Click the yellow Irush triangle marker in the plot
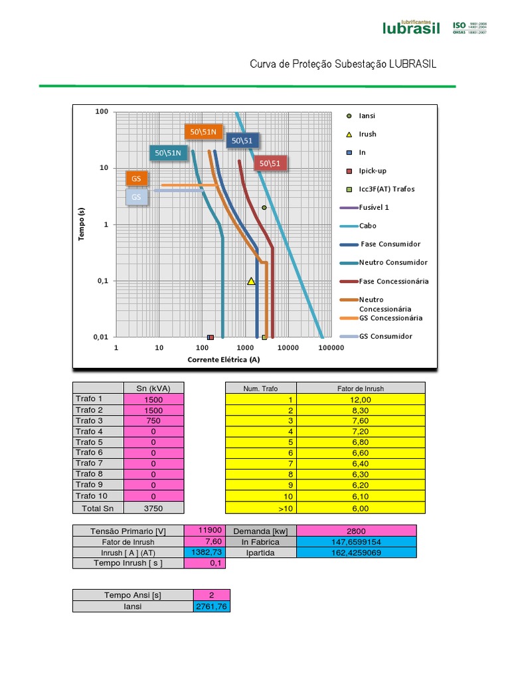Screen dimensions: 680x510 pos(251,281)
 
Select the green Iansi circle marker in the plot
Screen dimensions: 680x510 pos(264,208)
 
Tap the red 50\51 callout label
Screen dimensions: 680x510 pos(270,163)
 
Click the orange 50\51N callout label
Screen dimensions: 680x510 pos(203,132)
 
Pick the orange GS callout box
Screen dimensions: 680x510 pos(137,179)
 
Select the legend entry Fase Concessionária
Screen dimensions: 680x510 pos(393,281)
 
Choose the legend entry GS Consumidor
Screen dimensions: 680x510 pos(385,336)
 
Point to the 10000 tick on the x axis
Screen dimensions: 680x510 pos(288,347)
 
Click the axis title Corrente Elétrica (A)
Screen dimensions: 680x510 pos(224,360)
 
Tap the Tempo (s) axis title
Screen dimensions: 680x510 pos(82,224)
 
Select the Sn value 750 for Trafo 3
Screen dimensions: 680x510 pos(153,421)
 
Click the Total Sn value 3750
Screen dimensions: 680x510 pos(153,508)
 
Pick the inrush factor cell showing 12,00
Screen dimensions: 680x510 pos(360,400)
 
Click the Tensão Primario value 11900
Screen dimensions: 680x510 pos(205,531)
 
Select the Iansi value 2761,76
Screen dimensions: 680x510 pos(212,606)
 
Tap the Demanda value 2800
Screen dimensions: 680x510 pos(356,531)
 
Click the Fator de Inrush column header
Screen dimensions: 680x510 pos(360,388)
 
